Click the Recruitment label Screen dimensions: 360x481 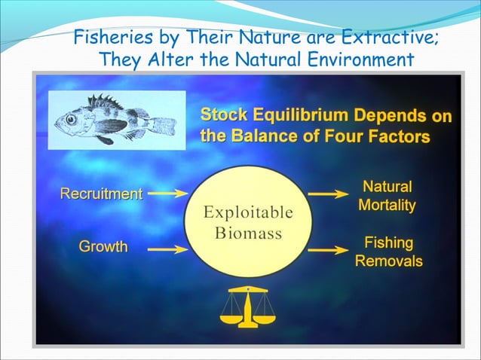[x=101, y=194]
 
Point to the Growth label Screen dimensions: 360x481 [x=103, y=246]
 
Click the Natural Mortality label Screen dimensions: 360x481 [x=387, y=195]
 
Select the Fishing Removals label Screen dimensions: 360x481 [x=388, y=252]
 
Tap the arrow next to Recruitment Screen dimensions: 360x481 [x=167, y=194]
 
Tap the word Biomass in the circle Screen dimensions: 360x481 [x=247, y=233]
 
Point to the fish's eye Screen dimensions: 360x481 [x=70, y=118]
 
